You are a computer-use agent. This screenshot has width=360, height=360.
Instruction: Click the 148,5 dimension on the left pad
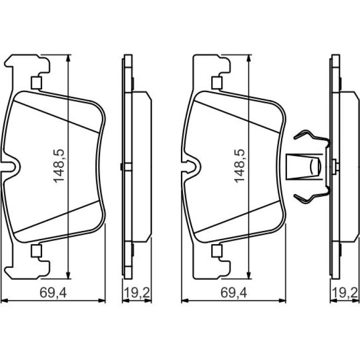pyautogui.click(x=59, y=166)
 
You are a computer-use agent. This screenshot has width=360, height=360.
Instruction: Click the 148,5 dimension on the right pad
pyautogui.click(x=240, y=166)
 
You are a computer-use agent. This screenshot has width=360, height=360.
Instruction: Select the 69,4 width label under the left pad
pyautogui.click(x=53, y=293)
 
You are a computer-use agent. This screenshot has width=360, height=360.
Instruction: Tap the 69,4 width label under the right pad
pyautogui.click(x=234, y=293)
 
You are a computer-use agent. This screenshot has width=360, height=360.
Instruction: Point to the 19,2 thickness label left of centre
pyautogui.click(x=137, y=293)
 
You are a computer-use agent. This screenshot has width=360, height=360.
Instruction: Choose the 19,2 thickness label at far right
pyautogui.click(x=345, y=293)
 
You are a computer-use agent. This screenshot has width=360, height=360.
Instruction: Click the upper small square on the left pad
pyautogui.click(x=36, y=83)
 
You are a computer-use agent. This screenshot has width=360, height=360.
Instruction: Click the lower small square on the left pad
pyautogui.click(x=36, y=251)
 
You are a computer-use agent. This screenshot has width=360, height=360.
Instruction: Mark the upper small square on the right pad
pyautogui.click(x=217, y=83)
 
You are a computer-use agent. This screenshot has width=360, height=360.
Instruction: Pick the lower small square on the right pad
pyautogui.click(x=217, y=251)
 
